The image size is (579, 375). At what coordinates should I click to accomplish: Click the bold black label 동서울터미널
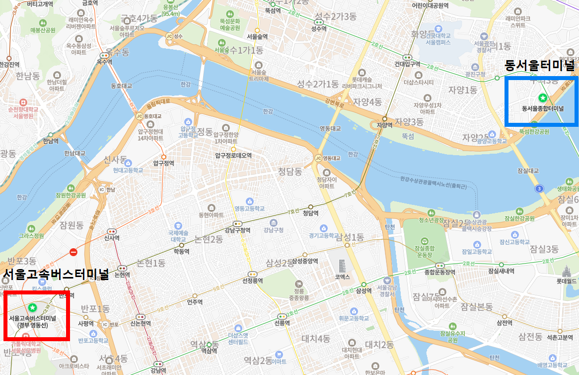pyautogui.click(x=539, y=65)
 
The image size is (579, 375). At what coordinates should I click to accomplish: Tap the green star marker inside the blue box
pyautogui.click(x=543, y=98)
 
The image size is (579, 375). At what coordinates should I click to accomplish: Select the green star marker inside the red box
pyautogui.click(x=33, y=308)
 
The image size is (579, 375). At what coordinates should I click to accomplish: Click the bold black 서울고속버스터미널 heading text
pyautogui.click(x=56, y=274)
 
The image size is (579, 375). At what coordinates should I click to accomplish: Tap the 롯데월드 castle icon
pyautogui.click(x=565, y=272)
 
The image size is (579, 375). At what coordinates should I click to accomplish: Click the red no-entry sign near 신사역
pyautogui.click(x=73, y=252)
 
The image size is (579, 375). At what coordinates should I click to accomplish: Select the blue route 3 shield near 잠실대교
pyautogui.click(x=540, y=188)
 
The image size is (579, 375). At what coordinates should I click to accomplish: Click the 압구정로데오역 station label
pyautogui.click(x=233, y=156)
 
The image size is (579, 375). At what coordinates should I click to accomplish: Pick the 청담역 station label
pyautogui.click(x=311, y=213)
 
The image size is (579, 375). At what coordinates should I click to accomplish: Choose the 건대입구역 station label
pyautogui.click(x=407, y=64)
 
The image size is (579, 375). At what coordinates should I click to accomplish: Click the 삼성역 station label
pyautogui.click(x=364, y=291)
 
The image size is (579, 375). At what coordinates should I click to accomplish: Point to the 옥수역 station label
pyautogui.click(x=104, y=62)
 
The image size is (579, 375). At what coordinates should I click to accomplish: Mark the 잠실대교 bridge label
pyautogui.click(x=528, y=170)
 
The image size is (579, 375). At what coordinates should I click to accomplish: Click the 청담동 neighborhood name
pyautogui.click(x=289, y=172)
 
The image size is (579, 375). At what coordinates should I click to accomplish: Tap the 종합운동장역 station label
pyautogui.click(x=439, y=272)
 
